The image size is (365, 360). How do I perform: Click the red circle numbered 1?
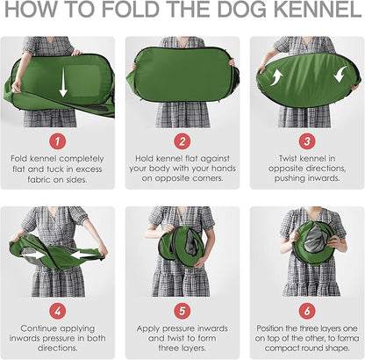(61, 139)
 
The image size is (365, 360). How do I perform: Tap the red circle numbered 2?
(182, 139)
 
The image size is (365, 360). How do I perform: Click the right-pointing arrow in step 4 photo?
(34, 255)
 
